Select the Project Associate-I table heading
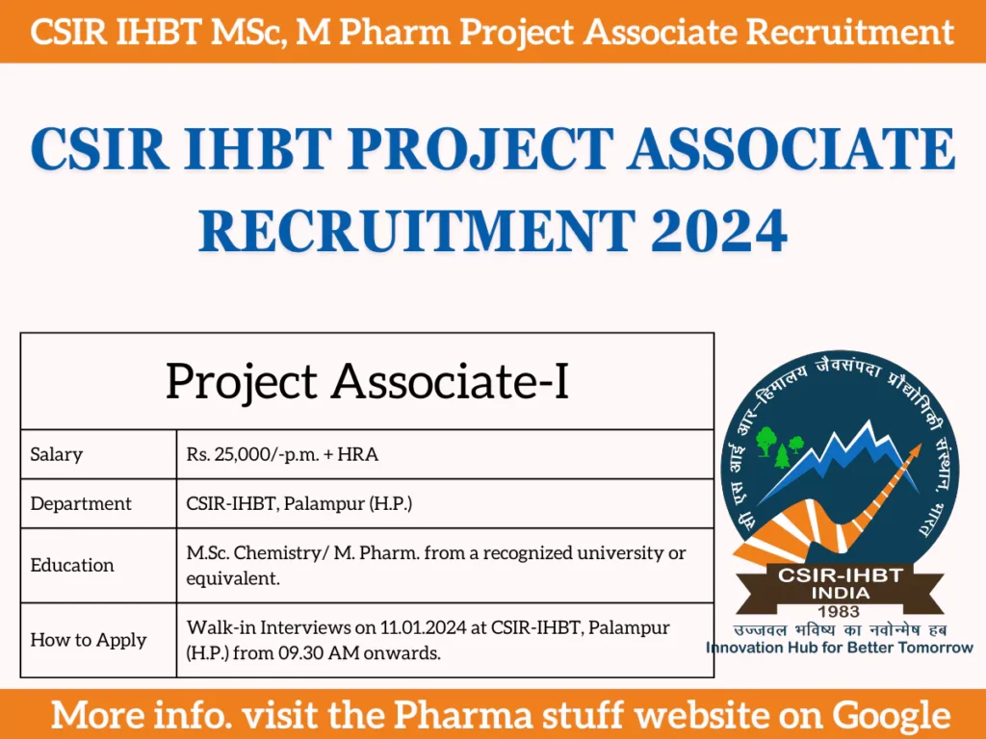[x=367, y=382]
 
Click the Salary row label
[x=57, y=454]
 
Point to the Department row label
[x=81, y=503]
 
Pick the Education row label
[x=72, y=565]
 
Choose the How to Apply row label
[x=89, y=640]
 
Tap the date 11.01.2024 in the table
[x=405, y=628]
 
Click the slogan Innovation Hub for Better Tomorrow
[x=840, y=648]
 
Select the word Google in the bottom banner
[x=892, y=715]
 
